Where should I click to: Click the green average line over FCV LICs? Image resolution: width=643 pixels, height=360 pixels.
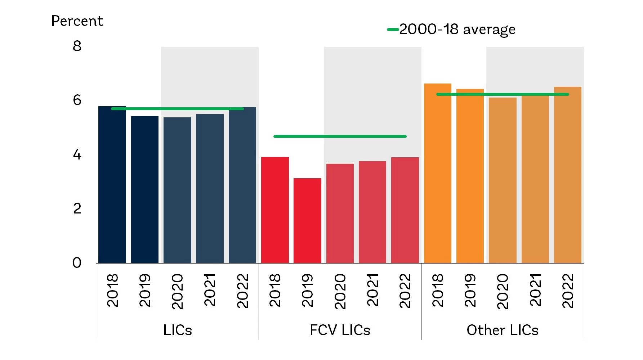[x=340, y=136]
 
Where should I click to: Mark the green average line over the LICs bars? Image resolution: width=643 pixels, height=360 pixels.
[x=177, y=108]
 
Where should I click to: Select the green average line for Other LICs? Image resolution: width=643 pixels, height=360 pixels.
[x=503, y=94]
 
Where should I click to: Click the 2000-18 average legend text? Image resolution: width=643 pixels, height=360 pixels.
[x=457, y=30]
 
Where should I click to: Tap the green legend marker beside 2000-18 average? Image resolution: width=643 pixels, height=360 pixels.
[x=393, y=30]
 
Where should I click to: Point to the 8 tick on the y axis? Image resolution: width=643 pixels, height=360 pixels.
[x=77, y=46]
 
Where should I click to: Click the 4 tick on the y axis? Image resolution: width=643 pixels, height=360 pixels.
[x=77, y=155]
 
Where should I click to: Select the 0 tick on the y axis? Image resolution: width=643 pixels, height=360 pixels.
[x=77, y=263]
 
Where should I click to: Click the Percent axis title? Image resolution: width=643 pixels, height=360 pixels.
[x=77, y=21]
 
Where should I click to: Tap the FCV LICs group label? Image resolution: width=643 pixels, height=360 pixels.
[x=340, y=330]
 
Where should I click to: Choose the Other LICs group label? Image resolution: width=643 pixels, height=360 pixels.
[x=503, y=330]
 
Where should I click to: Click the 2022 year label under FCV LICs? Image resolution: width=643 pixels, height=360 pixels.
[x=405, y=291]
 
